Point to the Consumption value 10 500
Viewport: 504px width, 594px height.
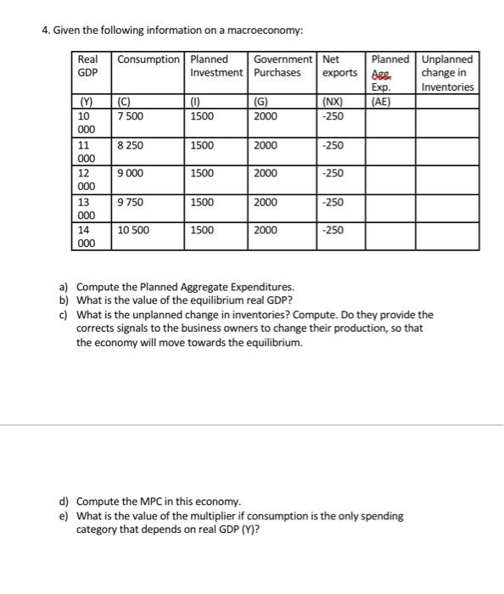pyautogui.click(x=133, y=230)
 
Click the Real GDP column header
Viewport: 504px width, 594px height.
pyautogui.click(x=87, y=66)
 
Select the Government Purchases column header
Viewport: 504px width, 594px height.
pyautogui.click(x=283, y=66)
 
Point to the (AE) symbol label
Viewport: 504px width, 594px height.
pyautogui.click(x=380, y=102)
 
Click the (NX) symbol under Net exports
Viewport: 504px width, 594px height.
pyautogui.click(x=334, y=102)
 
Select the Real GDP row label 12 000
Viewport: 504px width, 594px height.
pyautogui.click(x=85, y=180)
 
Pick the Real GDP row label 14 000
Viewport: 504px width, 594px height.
pyautogui.click(x=85, y=236)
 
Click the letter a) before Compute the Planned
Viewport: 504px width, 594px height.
pyautogui.click(x=64, y=287)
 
